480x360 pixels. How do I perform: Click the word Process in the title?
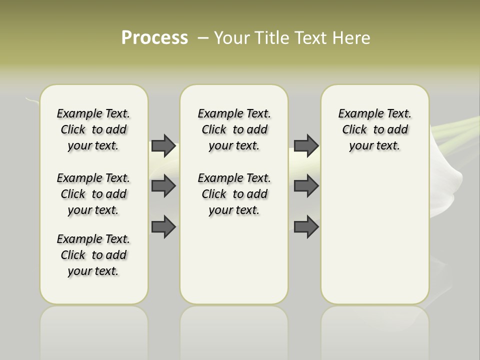coord(154,37)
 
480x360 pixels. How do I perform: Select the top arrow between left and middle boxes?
coord(163,146)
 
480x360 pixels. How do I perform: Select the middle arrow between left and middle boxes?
coord(163,186)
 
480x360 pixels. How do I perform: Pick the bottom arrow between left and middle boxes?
coord(163,227)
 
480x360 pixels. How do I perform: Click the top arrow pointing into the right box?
coord(305,146)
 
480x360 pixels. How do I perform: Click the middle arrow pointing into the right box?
coord(305,186)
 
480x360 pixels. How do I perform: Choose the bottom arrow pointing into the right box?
coord(305,227)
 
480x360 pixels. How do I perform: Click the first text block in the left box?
coord(93,129)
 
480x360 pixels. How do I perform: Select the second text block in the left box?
coord(93,194)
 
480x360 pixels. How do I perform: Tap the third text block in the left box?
coord(93,255)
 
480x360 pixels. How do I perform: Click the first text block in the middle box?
coord(234,129)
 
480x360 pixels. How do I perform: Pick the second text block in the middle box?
coord(234,194)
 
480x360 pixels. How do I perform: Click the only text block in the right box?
coord(374,129)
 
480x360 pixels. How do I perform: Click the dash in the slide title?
coord(203,38)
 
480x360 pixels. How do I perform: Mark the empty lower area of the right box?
coord(374,240)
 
